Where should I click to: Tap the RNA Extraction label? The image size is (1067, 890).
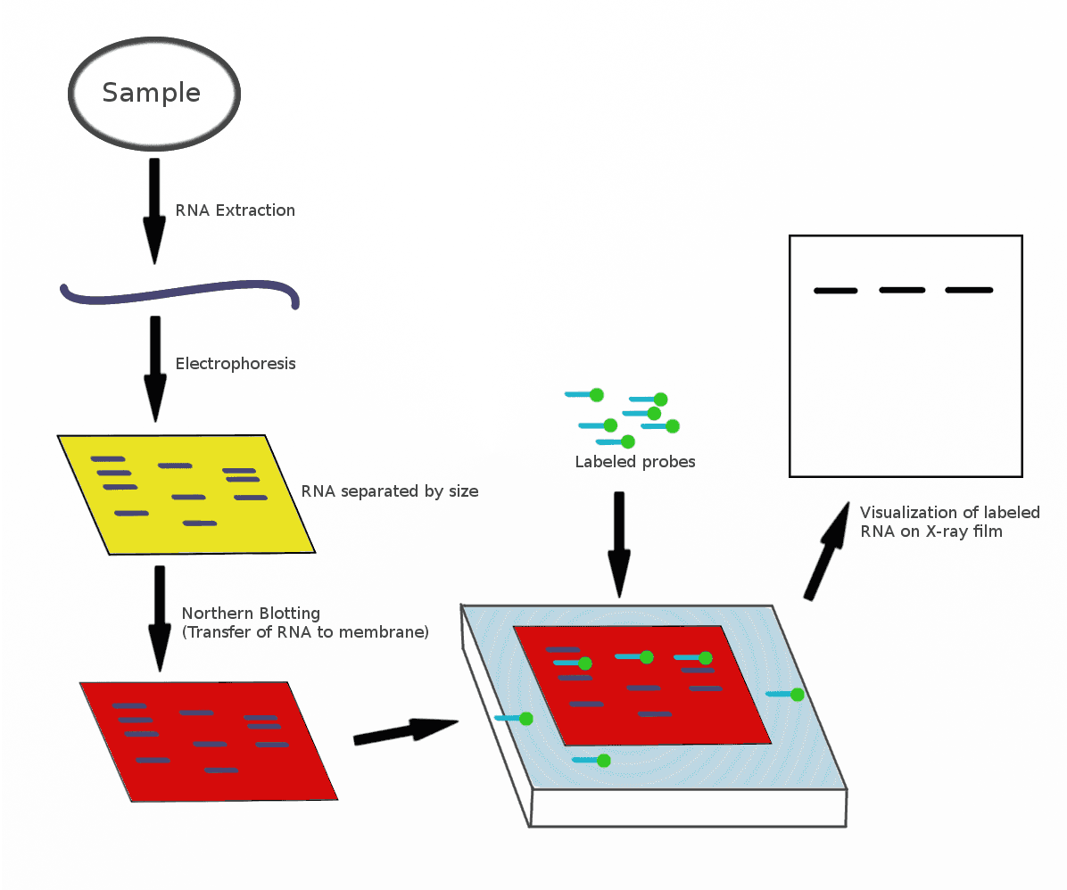pyautogui.click(x=235, y=210)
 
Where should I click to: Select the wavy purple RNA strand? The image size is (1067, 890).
pyautogui.click(x=178, y=293)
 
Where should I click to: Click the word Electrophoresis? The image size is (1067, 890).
pyautogui.click(x=235, y=364)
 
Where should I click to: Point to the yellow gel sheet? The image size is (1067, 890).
pyautogui.click(x=186, y=495)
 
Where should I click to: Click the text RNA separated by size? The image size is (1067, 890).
pyautogui.click(x=389, y=491)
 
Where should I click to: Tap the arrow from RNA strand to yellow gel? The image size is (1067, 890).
pyautogui.click(x=155, y=367)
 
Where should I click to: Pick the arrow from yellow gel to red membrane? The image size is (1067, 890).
pyautogui.click(x=160, y=617)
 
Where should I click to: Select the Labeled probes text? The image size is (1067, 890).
pyautogui.click(x=634, y=462)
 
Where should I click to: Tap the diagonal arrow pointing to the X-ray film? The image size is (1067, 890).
pyautogui.click(x=828, y=550)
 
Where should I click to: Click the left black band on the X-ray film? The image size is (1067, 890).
pyautogui.click(x=835, y=291)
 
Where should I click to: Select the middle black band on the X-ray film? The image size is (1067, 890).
pyautogui.click(x=902, y=290)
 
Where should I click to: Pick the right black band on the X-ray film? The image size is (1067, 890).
pyautogui.click(x=969, y=290)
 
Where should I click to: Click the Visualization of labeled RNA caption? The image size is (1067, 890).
pyautogui.click(x=949, y=522)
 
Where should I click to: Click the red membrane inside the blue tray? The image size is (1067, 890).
pyautogui.click(x=642, y=722)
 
